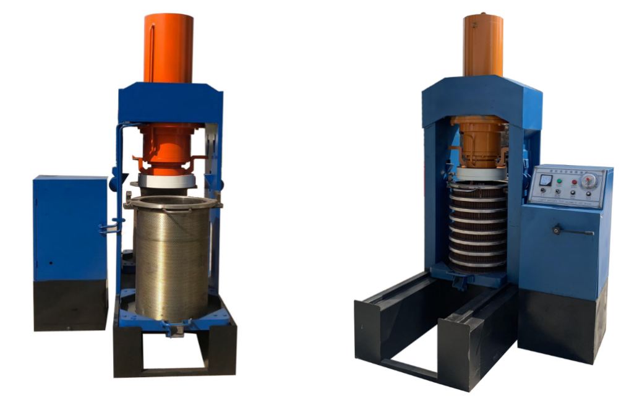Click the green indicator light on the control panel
point(559,181)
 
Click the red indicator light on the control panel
point(574,182)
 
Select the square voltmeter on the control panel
point(545,180)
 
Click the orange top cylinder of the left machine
point(168,48)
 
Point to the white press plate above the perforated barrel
point(167,181)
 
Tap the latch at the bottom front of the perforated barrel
point(173,328)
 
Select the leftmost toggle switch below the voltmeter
point(542,192)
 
